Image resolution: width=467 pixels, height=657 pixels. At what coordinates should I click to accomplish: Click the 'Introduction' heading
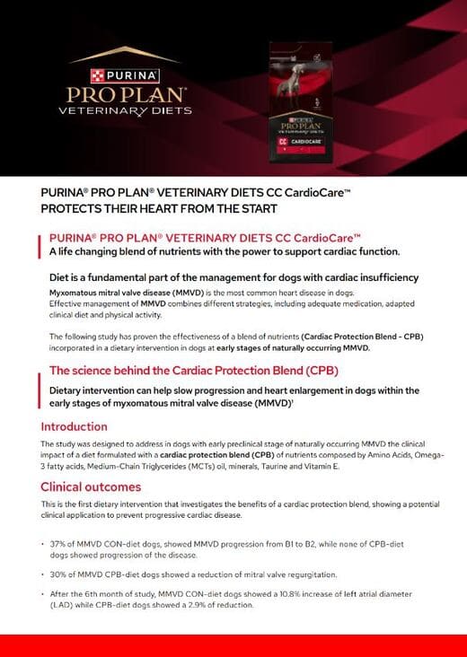click(x=74, y=426)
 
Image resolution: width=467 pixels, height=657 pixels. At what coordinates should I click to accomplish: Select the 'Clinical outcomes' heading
click(x=91, y=487)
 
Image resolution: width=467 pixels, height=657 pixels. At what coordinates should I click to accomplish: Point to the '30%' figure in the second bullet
click(x=61, y=574)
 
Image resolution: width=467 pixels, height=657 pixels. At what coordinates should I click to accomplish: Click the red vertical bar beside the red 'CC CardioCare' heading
click(x=40, y=244)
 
